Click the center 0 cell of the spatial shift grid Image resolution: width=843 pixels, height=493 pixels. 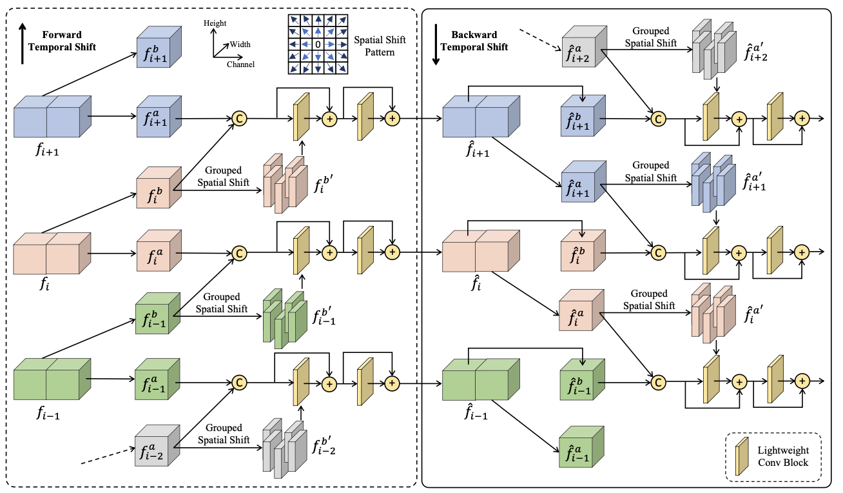(318, 45)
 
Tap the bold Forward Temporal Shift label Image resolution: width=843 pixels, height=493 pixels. (62, 41)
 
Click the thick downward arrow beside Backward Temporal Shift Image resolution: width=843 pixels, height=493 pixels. (436, 45)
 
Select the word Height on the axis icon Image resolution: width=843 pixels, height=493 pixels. (215, 23)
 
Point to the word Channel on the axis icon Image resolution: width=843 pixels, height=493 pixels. (240, 65)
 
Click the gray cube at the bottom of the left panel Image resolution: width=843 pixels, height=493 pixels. (157, 445)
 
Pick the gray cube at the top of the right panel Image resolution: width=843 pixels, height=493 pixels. (585, 46)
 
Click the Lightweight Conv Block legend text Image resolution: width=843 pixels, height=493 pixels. (783, 456)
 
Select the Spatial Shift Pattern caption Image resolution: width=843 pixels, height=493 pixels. (380, 46)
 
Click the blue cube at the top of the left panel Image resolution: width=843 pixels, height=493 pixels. (159, 46)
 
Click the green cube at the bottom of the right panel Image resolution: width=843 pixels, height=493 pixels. (581, 447)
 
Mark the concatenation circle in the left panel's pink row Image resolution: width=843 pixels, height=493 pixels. (239, 253)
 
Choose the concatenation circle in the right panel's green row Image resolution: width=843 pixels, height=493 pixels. (658, 383)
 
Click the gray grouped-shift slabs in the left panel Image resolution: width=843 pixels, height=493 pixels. (284, 448)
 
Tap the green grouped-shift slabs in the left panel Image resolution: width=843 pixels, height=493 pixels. (285, 319)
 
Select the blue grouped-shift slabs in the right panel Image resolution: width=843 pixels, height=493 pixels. (713, 183)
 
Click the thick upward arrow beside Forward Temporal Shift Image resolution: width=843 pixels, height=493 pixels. (23, 43)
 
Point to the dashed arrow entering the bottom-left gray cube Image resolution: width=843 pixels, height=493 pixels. (108, 456)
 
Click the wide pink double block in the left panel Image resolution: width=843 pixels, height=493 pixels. (52, 254)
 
